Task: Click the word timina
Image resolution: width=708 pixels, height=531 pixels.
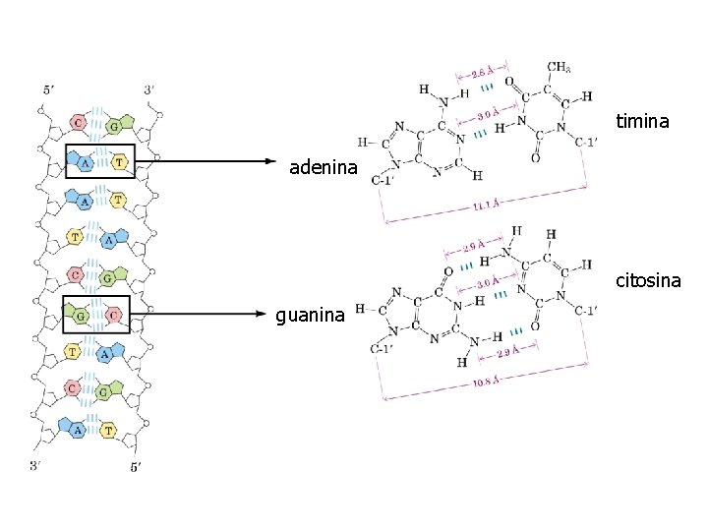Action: [x=642, y=122]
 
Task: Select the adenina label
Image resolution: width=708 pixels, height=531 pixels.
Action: [x=323, y=168]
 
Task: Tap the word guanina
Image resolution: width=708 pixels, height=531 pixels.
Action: [x=310, y=316]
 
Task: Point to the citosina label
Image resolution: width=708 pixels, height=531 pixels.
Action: [x=648, y=281]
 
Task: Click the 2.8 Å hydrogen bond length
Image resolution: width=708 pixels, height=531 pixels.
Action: [x=482, y=72]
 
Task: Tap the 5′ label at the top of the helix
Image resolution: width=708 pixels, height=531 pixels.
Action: [x=50, y=89]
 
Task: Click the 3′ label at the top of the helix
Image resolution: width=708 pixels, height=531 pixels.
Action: [x=149, y=89]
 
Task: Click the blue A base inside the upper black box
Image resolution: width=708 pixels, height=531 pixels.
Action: [x=85, y=162]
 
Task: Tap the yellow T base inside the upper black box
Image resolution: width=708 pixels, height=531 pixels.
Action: [x=120, y=162]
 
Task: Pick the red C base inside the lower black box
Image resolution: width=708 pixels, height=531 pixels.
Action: [x=115, y=315]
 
